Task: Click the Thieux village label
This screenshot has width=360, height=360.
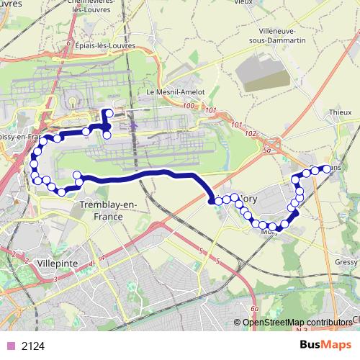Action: pos(340,113)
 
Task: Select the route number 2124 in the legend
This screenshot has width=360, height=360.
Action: pos(33,346)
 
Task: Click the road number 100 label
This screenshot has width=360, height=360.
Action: pos(189,107)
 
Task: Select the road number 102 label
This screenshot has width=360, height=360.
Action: pos(251,134)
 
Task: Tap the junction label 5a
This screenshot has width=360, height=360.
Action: pos(267,150)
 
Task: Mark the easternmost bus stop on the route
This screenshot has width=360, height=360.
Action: pos(326,168)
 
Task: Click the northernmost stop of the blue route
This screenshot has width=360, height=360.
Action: pos(107,112)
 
